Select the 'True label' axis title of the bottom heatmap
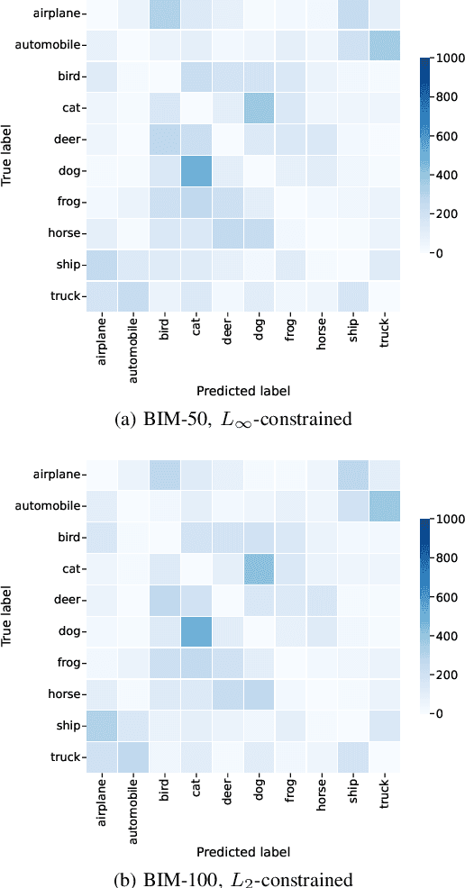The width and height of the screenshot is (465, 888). pyautogui.click(x=8, y=615)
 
